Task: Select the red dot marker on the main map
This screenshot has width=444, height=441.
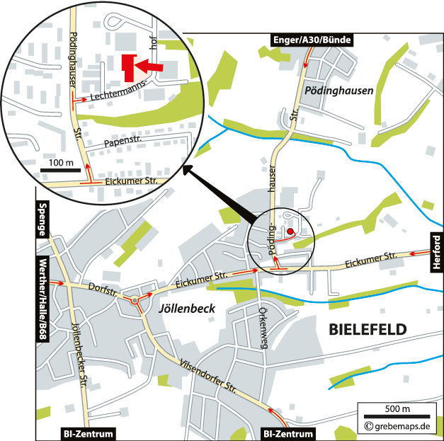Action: pyautogui.click(x=290, y=231)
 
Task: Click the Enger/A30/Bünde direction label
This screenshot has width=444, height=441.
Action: pyautogui.click(x=312, y=40)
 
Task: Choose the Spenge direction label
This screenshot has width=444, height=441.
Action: pyautogui.click(x=42, y=219)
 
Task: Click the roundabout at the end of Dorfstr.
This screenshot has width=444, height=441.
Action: pyautogui.click(x=135, y=301)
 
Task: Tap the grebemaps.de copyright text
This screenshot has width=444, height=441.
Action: pyautogui.click(x=398, y=426)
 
